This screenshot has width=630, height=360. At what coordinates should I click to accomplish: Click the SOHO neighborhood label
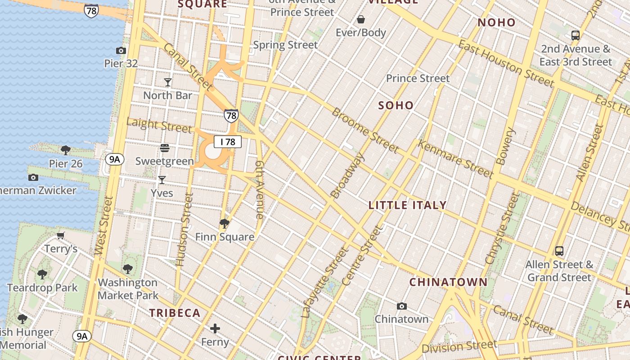[x=396, y=105]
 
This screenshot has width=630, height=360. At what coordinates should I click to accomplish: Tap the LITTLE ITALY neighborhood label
[x=407, y=205]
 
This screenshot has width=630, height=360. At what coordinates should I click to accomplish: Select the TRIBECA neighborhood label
[x=175, y=313]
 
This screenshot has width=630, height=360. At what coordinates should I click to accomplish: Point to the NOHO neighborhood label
[x=497, y=22]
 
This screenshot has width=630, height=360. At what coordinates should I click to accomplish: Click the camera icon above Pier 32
[x=121, y=50]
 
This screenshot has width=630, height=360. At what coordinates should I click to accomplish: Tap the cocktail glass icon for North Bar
[x=168, y=82]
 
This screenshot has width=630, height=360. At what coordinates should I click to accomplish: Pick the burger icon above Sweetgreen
[x=165, y=148]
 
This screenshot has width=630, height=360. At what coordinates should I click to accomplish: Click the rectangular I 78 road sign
[x=228, y=142]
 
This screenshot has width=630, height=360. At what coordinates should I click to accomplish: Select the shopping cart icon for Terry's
[x=61, y=235]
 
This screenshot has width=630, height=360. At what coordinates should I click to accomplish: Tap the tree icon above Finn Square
[x=224, y=223]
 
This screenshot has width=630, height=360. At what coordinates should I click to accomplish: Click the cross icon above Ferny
[x=215, y=328]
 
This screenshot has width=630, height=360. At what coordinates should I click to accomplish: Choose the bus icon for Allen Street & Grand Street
[x=559, y=251]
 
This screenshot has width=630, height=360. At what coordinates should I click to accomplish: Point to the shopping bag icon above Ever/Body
[x=361, y=19]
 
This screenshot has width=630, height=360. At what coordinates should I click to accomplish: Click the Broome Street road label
[x=365, y=130]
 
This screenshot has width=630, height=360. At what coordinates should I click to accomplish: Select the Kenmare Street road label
[x=455, y=158]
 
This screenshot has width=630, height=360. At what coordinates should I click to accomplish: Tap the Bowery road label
[x=504, y=146]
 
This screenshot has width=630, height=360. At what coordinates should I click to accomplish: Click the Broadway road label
[x=347, y=175]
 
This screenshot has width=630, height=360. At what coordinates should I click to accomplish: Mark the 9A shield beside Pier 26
[x=115, y=159]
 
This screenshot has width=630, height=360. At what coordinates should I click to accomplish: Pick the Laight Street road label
[x=159, y=125]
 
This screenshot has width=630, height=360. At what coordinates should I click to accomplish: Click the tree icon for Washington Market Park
[x=128, y=269]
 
